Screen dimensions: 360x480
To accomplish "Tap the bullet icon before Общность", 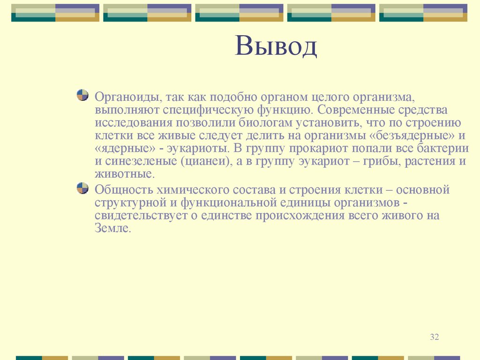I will tap(82, 188).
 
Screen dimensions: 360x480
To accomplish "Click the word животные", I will tap(123, 174).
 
